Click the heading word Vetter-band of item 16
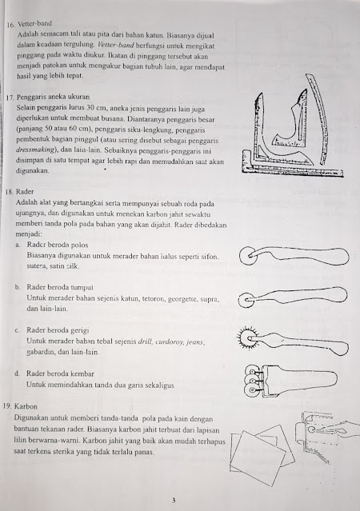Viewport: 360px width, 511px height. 35,23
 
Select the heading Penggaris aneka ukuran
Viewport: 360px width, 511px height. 53,97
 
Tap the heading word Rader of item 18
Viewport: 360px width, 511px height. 25,192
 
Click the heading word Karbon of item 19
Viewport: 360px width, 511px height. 26,406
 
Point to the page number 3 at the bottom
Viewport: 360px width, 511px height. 174,501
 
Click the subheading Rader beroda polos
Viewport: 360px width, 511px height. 58,245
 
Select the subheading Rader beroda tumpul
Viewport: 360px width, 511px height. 60,287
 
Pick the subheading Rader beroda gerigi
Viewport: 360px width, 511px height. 58,330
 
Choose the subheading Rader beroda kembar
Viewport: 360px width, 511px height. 60,373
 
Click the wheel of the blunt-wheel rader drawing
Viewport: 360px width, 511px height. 246,300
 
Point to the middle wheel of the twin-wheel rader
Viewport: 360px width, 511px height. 252,380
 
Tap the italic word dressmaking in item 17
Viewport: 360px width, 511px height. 35,150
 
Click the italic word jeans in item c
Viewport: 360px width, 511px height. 195,341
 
